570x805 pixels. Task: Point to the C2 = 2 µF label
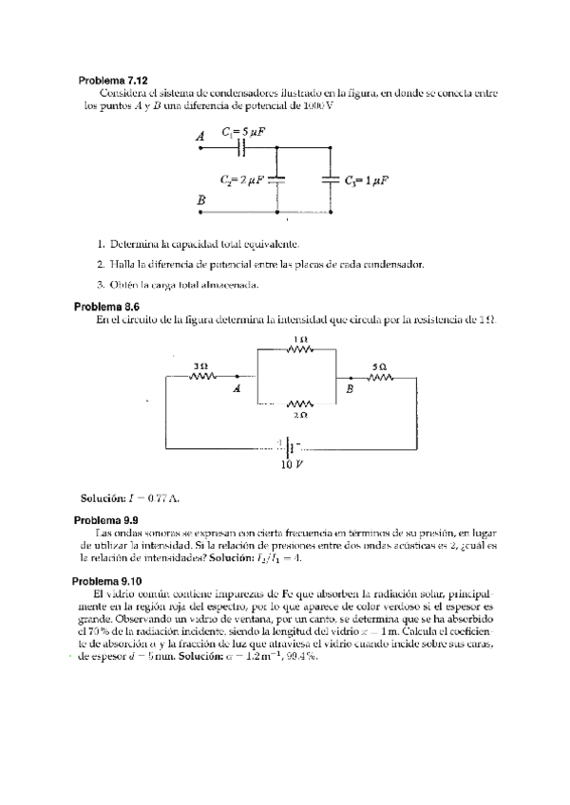[241, 178]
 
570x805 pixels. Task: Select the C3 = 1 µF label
[367, 178]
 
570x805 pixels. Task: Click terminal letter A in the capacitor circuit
[200, 138]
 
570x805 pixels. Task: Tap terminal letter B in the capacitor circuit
[200, 200]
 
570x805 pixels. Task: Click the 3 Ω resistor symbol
[202, 376]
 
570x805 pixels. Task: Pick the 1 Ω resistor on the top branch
[300, 348]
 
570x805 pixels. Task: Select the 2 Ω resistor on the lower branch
[300, 403]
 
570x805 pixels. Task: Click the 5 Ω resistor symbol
[380, 376]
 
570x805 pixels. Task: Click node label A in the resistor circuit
[236, 389]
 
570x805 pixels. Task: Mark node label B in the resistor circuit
[350, 389]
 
